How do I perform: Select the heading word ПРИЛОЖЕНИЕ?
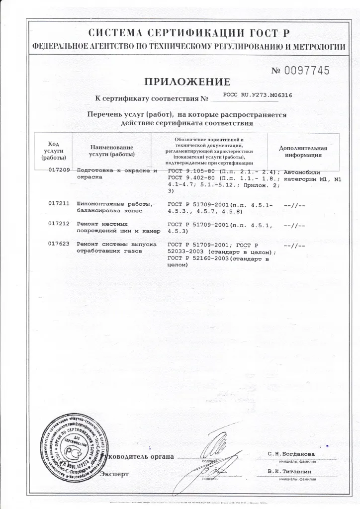click(x=187, y=82)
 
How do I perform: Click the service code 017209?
click(x=58, y=170)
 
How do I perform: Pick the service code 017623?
click(x=58, y=245)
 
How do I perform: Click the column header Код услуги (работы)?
click(x=54, y=151)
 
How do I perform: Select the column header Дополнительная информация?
click(x=303, y=151)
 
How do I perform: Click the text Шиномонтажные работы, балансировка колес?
click(x=114, y=208)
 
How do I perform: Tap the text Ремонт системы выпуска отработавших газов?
click(x=117, y=248)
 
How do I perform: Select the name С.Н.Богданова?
click(x=291, y=454)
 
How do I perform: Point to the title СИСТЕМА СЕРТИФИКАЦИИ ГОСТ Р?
click(x=188, y=33)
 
